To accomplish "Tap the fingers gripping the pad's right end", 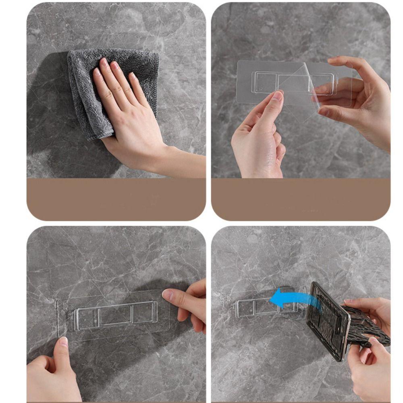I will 187,302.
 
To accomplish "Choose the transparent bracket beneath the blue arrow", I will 262,308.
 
